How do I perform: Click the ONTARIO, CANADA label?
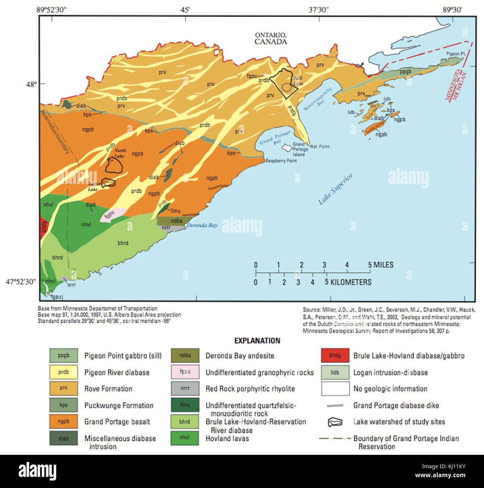coord(271,38)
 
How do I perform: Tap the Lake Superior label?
coord(335,189)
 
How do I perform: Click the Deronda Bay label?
coord(202,225)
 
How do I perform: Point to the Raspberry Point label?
coord(281,161)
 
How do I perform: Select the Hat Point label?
coord(319,147)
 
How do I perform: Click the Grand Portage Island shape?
coord(287,148)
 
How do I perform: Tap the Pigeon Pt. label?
coord(456,54)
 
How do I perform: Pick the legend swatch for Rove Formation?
coord(64,388)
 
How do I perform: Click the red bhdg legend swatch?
coord(335,356)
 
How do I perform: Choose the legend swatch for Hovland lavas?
coord(185,438)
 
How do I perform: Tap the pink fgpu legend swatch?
coord(185,372)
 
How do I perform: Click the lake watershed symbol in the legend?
coord(335,422)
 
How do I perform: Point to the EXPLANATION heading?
coord(257,341)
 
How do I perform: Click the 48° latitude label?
coord(31,84)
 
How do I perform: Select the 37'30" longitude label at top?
coord(319,10)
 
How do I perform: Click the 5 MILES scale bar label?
coord(380,265)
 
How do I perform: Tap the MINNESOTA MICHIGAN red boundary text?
coord(456,85)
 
